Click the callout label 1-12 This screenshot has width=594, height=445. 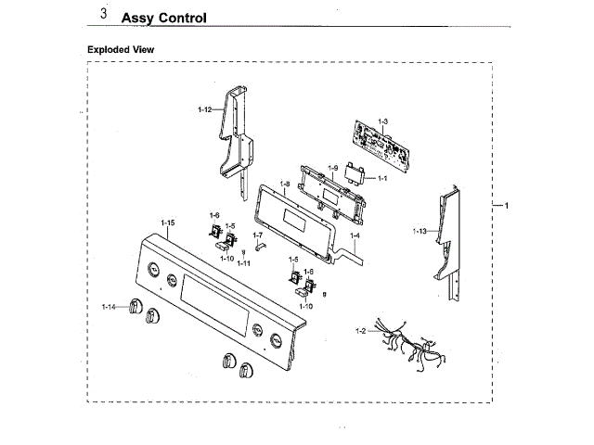205,110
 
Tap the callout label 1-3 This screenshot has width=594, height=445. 383,122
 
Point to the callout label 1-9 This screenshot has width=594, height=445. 331,167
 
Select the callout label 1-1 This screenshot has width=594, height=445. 381,177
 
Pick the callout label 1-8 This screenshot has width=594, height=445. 285,184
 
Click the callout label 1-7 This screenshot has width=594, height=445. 258,235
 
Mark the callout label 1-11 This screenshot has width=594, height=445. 243,262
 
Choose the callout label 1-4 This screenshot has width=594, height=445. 355,235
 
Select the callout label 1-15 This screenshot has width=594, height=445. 168,222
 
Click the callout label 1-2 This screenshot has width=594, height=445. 361,330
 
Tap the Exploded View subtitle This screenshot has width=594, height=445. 121,49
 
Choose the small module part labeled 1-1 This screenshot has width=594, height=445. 354,172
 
